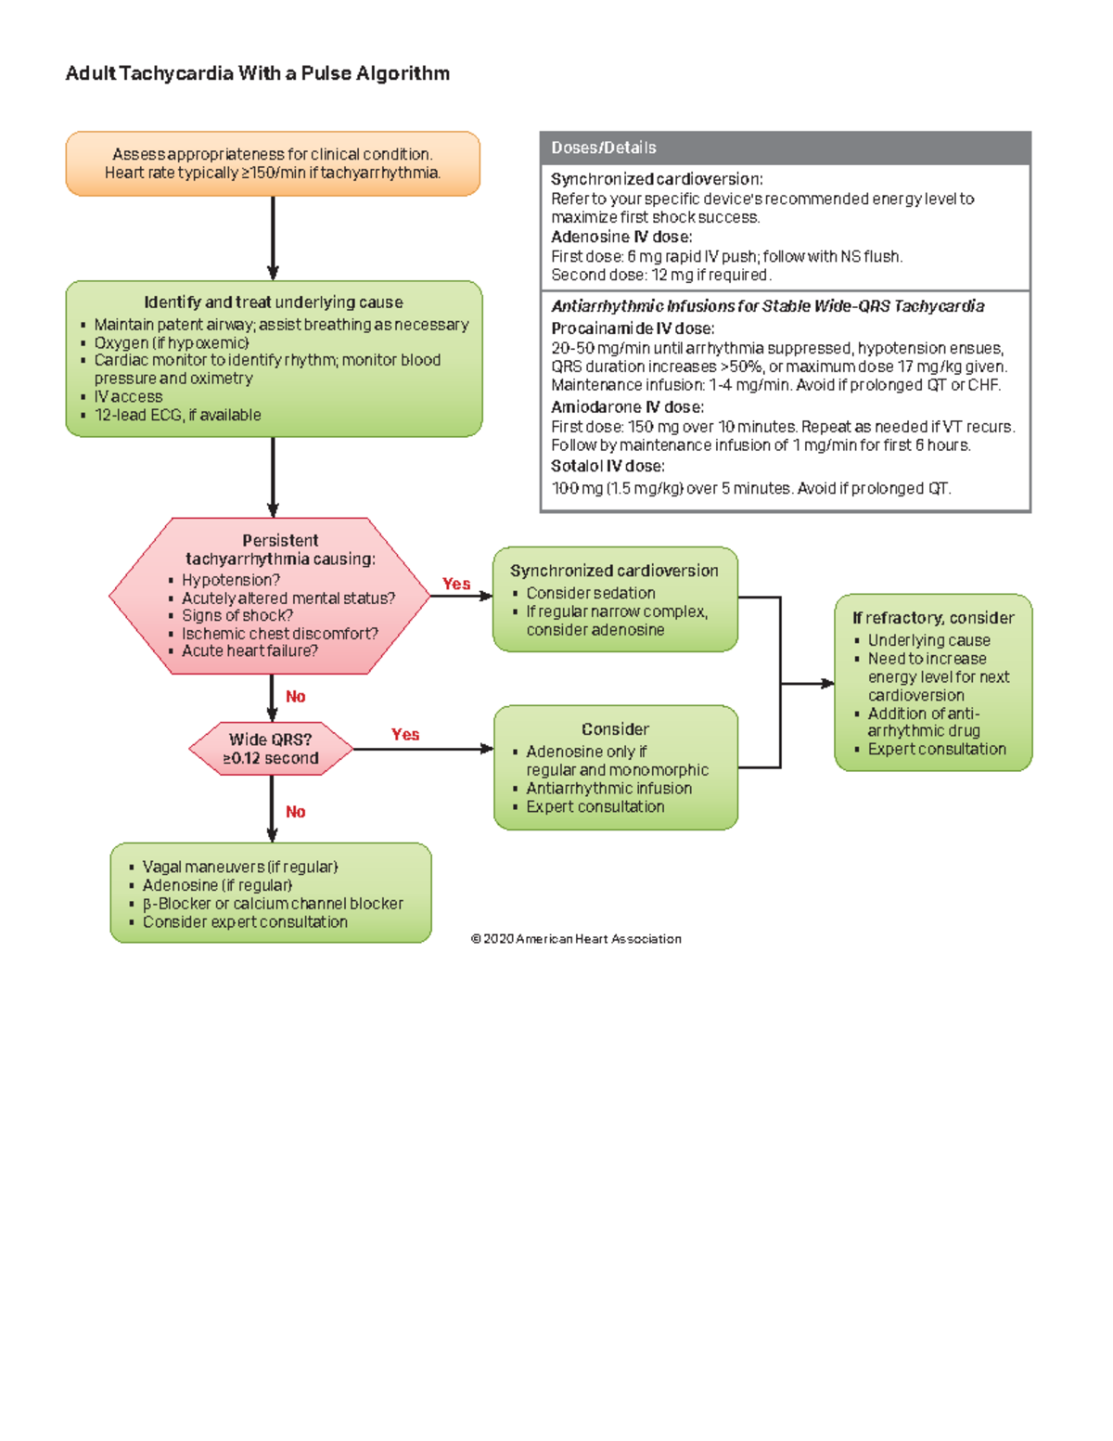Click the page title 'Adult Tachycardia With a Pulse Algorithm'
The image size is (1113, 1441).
257,73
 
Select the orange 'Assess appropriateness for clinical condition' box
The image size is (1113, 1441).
273,163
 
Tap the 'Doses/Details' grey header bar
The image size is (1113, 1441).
785,148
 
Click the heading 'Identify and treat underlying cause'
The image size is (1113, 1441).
274,302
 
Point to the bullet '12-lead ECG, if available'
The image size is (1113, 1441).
177,415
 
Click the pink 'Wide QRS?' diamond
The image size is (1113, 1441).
271,748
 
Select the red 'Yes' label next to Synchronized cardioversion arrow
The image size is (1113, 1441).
455,584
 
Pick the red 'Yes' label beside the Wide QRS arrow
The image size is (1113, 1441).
405,734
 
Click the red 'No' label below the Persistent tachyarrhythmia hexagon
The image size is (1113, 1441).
295,697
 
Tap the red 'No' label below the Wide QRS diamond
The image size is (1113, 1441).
295,812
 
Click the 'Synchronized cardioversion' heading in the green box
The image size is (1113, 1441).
614,571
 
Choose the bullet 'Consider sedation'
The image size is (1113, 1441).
590,593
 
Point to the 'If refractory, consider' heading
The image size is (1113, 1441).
933,618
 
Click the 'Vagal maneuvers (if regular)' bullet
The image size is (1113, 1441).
239,867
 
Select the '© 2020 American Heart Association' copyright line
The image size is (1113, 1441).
576,939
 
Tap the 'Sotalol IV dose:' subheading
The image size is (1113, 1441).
608,466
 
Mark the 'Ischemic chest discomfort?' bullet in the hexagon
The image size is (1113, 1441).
279,634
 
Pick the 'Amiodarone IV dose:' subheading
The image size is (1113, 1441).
627,406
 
